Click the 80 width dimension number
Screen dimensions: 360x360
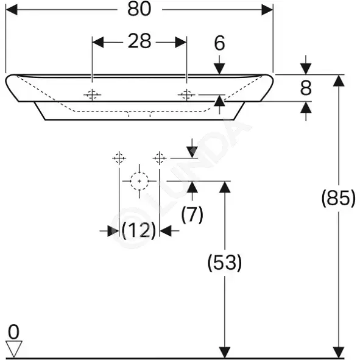(139, 9)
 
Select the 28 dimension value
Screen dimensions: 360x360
(139, 41)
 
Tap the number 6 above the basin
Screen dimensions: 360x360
(219, 43)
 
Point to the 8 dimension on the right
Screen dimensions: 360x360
(306, 88)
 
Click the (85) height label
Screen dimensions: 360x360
(339, 198)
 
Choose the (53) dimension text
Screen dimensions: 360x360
(225, 263)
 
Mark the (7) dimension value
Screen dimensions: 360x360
(192, 214)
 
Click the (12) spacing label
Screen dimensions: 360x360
(139, 230)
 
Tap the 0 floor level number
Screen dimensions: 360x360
(13, 332)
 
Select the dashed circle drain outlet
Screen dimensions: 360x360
(139, 181)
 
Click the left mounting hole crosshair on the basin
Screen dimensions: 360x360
(92, 94)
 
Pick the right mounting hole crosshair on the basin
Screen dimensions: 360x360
(186, 94)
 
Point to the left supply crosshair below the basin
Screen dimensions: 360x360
(119, 158)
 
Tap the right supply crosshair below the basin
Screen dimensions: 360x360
(160, 158)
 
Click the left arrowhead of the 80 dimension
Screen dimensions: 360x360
(12, 10)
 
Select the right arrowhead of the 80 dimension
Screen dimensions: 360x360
(267, 10)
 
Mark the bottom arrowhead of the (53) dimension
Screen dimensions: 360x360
(225, 352)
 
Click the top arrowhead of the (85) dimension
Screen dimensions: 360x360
(339, 80)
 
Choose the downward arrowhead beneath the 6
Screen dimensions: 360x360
(219, 69)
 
